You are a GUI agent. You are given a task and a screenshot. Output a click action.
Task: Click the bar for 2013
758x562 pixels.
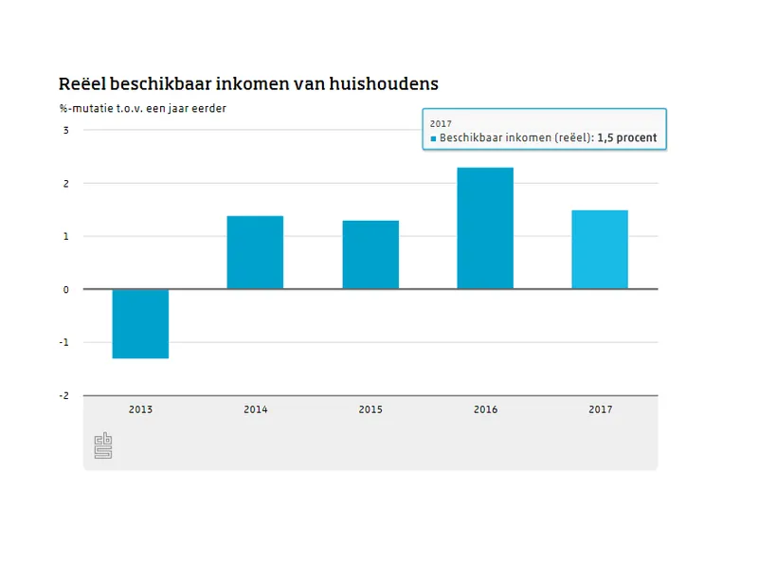140,323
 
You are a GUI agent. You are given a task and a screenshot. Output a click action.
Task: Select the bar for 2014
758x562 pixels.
255,252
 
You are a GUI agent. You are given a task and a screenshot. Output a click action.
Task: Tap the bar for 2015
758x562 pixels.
370,254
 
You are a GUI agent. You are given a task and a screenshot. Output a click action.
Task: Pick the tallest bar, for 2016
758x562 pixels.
485,228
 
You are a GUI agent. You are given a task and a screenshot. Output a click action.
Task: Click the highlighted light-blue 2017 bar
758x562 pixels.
600,249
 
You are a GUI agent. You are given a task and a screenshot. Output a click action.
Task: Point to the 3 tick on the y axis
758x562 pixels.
65,131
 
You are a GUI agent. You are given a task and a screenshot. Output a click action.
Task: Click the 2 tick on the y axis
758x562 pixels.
65,184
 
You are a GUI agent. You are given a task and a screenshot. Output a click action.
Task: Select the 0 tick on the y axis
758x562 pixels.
65,290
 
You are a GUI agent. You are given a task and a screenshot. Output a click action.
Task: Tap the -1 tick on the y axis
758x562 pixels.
64,343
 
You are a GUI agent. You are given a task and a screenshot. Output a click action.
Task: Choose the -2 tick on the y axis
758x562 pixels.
64,396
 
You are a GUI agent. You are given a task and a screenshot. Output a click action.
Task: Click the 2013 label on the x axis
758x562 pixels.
140,410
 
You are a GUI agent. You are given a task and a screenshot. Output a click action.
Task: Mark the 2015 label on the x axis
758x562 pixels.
370,410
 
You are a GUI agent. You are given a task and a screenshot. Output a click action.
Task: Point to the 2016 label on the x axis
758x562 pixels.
485,410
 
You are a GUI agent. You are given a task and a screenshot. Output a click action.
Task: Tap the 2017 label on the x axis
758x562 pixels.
600,410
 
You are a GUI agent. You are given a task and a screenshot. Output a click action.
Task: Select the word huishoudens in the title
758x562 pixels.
384,84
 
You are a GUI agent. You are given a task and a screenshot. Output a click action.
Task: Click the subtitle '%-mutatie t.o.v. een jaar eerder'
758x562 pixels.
142,108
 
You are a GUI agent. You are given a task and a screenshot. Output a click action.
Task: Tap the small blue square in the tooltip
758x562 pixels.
433,138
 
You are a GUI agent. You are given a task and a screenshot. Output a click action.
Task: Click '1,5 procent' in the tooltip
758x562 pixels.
626,138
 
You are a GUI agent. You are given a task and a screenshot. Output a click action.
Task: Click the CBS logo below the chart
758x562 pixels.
102,445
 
